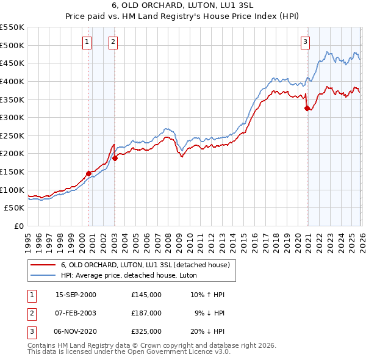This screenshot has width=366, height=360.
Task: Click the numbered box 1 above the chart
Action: point(87,42)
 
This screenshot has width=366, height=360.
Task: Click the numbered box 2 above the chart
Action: point(113,42)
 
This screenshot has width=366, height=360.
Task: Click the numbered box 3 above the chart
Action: point(305,42)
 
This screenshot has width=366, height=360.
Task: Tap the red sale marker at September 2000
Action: point(89,173)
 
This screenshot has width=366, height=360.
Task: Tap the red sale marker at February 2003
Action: point(115,158)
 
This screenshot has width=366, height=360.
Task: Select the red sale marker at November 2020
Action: point(307,108)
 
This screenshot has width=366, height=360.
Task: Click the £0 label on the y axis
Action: point(19,226)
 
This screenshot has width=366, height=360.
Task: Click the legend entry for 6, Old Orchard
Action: point(145,265)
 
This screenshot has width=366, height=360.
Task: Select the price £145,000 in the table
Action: point(146,295)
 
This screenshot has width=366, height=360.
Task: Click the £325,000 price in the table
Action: point(146,331)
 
